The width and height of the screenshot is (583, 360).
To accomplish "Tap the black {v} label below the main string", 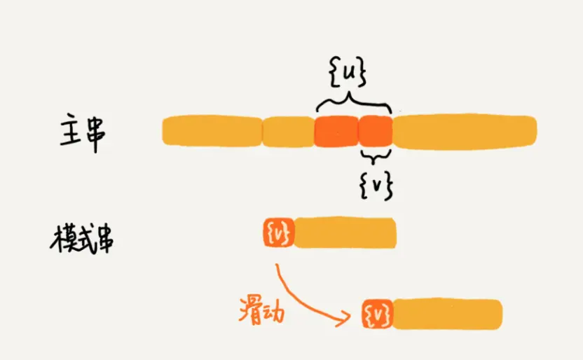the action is click(376, 183).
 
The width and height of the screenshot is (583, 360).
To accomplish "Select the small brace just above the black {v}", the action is click(375, 154).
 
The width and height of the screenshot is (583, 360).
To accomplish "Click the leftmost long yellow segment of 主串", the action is click(211, 131).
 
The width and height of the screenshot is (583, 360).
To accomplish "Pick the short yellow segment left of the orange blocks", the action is click(288, 131).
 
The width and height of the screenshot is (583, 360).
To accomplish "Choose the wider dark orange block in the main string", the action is click(336, 131).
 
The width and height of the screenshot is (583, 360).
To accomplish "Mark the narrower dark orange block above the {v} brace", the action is click(375, 131).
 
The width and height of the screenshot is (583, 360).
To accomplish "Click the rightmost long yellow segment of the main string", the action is click(465, 131).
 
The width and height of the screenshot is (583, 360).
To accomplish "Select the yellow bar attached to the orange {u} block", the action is click(345, 233).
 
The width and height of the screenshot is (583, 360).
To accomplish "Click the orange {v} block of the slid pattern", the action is click(378, 314).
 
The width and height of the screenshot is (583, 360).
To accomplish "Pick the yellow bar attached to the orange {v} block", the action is click(448, 314).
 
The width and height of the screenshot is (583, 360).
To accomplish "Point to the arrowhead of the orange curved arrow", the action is click(345, 320).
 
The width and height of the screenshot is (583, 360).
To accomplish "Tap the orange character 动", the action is click(275, 312).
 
